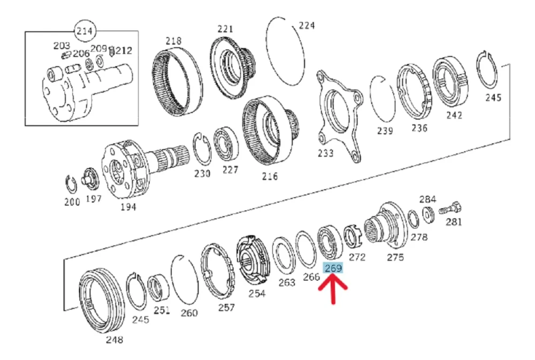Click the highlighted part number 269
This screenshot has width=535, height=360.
point(333,268)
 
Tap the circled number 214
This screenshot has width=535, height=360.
point(85,31)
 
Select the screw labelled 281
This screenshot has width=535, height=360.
point(450,208)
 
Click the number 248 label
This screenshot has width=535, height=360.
point(114,340)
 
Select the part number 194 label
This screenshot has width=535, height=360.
point(128,207)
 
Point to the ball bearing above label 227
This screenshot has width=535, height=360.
point(226,145)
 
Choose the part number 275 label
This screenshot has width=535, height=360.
point(395,257)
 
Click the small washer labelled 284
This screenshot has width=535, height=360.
point(428,214)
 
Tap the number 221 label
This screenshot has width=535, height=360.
point(225,29)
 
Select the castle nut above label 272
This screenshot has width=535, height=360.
point(351,236)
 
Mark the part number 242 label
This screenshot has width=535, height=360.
point(454,115)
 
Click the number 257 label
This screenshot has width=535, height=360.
point(226,308)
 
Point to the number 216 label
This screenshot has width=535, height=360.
point(270,177)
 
